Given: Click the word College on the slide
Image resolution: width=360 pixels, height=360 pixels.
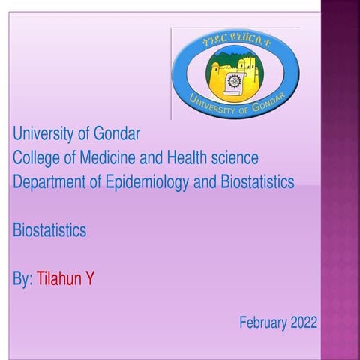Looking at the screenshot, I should (35, 158).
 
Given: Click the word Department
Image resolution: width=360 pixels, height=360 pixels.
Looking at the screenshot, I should (47, 182).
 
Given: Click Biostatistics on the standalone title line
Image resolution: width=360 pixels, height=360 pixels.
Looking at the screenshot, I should (49, 230).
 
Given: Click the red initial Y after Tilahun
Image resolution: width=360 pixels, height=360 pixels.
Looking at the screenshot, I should (90, 279).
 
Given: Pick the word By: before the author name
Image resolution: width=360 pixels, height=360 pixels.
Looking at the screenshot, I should (22, 279).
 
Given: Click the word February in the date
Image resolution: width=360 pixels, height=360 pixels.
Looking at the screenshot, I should (262, 322).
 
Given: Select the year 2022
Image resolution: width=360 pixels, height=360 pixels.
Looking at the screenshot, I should (303, 322).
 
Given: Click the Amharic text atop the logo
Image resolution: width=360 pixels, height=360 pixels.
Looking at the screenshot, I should (235, 43).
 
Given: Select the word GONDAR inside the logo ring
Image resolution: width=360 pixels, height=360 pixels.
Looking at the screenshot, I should (269, 105).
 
